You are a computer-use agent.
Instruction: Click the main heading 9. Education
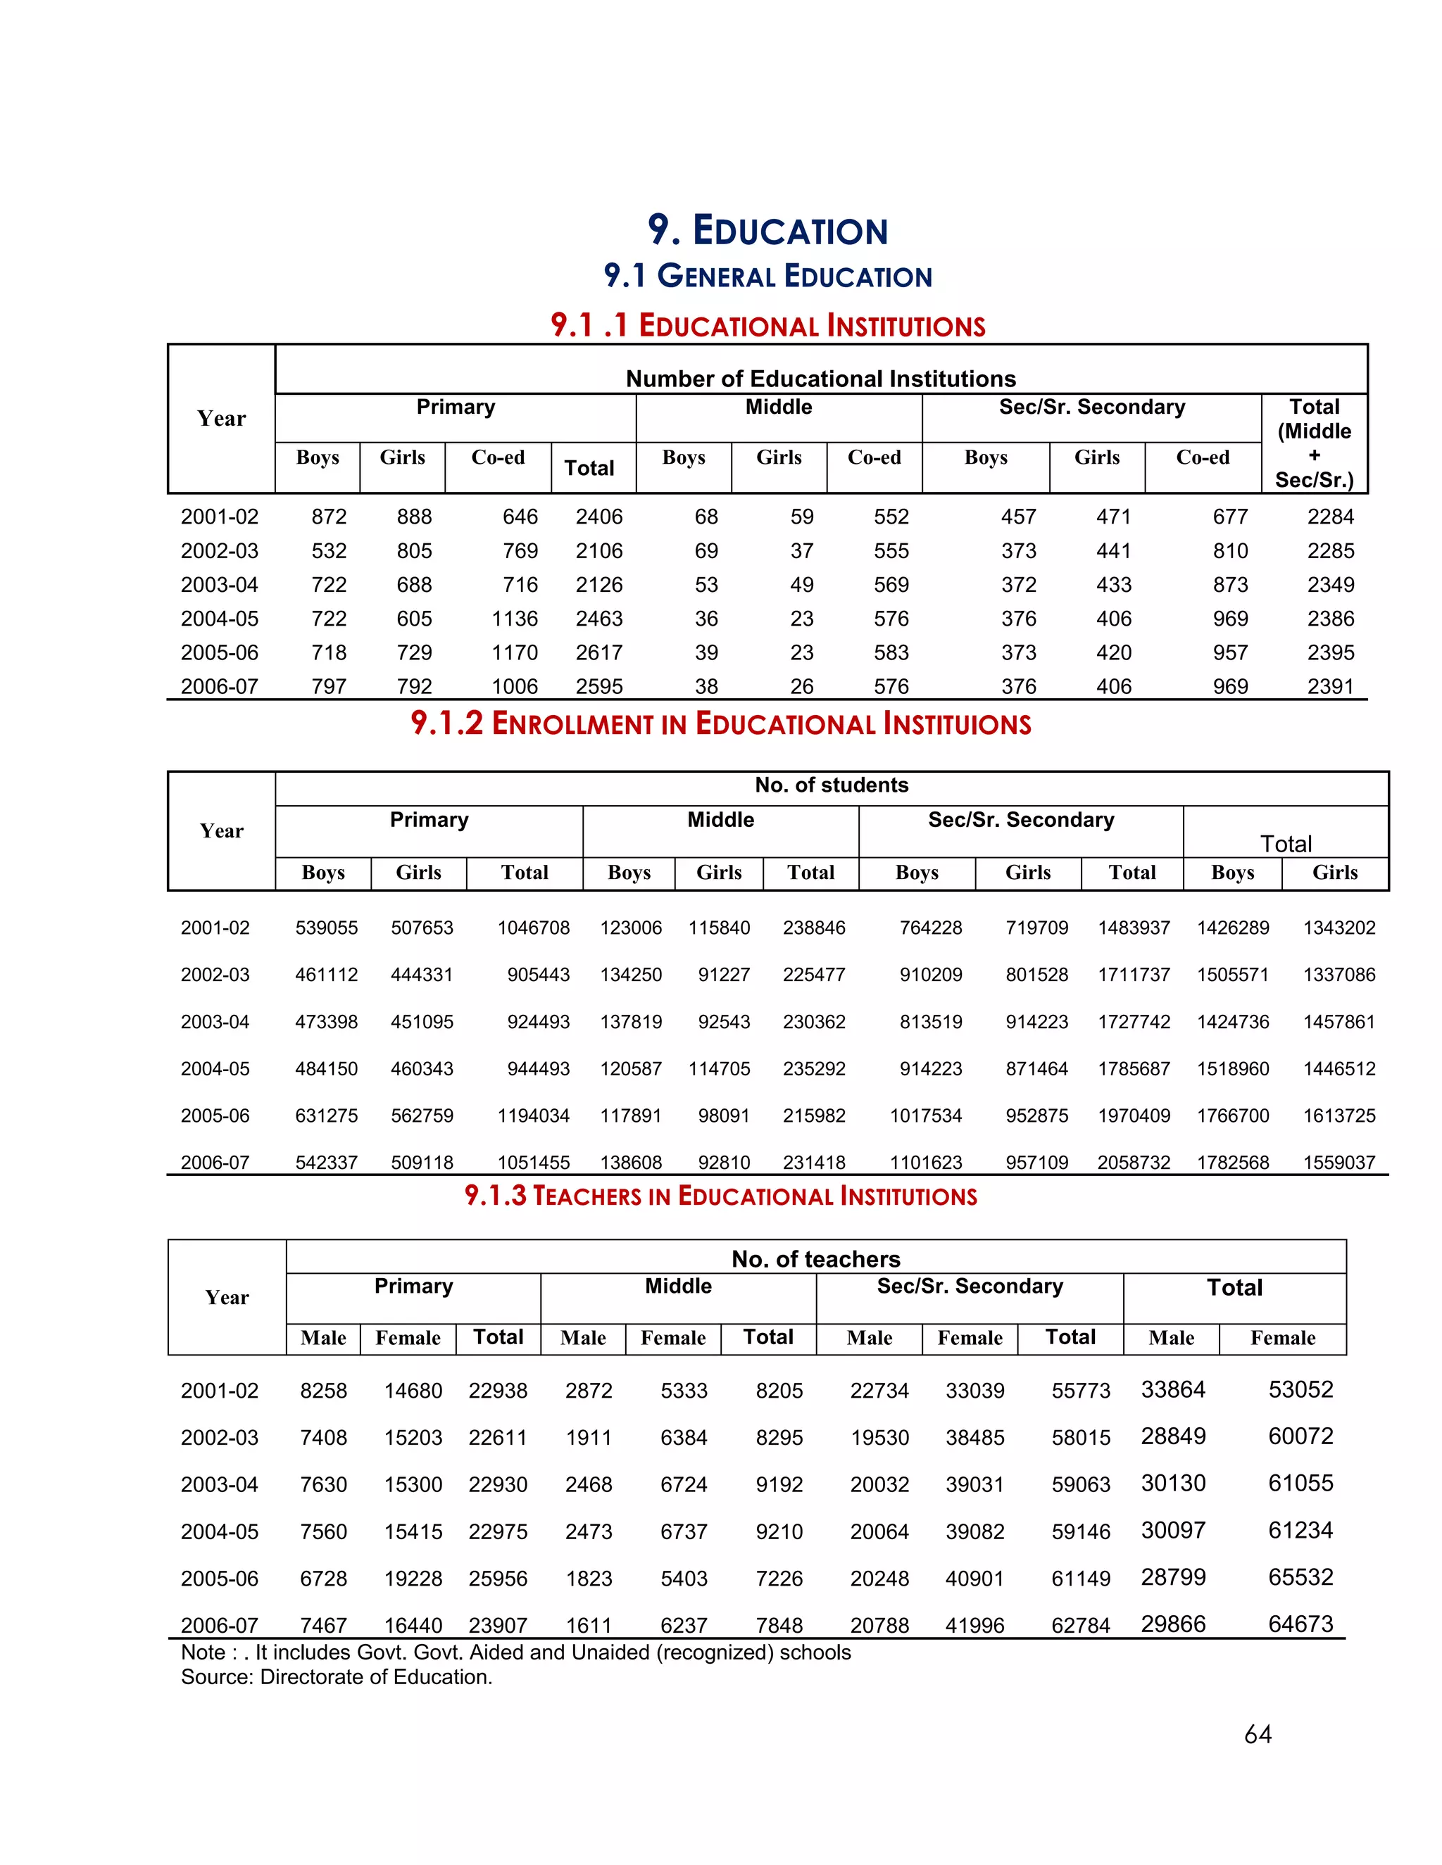767,231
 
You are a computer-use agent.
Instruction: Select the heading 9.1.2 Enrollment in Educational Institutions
720,724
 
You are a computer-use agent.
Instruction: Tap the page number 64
1258,1734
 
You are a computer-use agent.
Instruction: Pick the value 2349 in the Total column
1330,585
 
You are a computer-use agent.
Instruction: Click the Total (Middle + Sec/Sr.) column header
1314,443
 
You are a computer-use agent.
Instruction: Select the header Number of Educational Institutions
820,379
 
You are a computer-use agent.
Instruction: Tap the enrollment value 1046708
533,928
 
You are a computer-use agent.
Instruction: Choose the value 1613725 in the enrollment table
1338,1115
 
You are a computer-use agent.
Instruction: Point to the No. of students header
832,785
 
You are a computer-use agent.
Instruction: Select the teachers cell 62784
1080,1625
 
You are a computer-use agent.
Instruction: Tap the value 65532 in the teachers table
1300,1577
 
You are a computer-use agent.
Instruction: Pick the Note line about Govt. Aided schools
515,1652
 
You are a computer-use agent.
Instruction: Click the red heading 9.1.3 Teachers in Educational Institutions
720,1196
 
